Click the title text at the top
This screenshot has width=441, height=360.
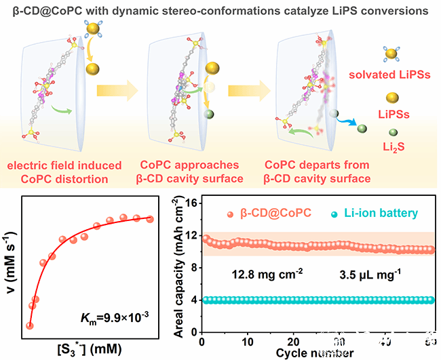coord(220,9)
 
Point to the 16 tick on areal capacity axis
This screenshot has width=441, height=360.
coord(191,203)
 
